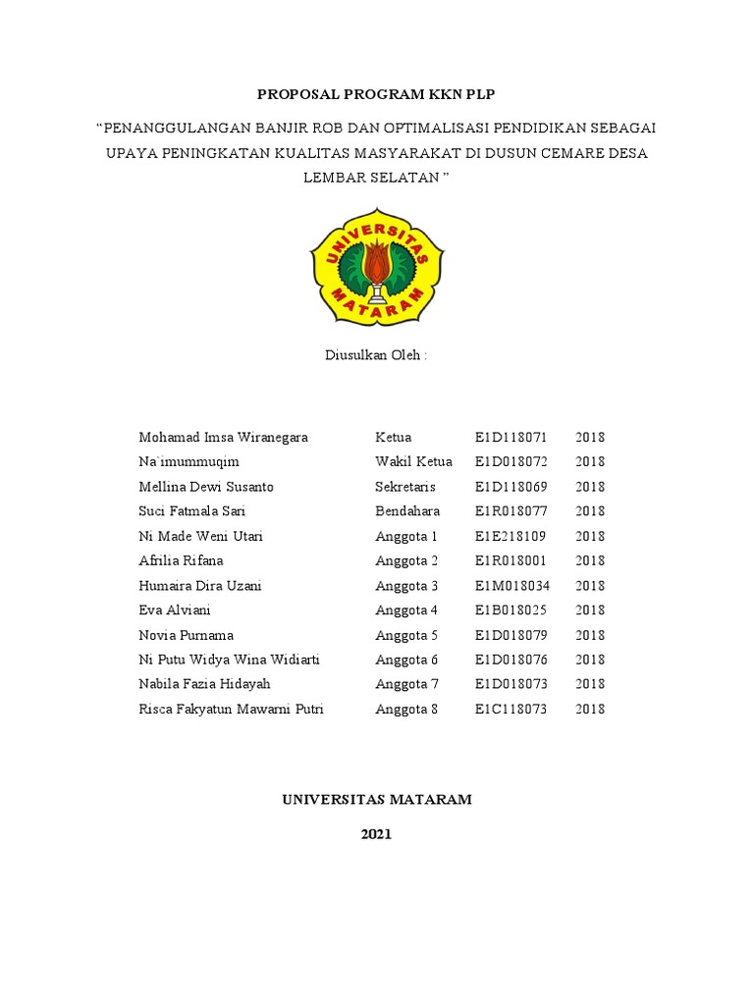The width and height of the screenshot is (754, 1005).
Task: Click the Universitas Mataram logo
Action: coord(377,266)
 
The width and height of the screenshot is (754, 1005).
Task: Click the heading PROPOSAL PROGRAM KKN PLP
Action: coord(376,94)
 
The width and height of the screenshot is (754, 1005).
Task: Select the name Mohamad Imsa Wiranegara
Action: coord(223,437)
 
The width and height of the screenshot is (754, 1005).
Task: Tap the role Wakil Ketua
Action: coord(413,461)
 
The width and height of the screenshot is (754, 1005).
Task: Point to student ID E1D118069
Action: coord(511,487)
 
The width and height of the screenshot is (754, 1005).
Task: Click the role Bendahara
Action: coord(407,511)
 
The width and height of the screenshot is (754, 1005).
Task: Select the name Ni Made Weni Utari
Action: coord(200,536)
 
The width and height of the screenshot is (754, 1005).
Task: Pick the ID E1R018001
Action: coord(511,560)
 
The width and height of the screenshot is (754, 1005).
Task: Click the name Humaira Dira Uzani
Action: coord(200,586)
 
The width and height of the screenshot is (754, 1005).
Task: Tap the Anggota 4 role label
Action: coord(406,610)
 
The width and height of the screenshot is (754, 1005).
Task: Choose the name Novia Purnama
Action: coord(187,635)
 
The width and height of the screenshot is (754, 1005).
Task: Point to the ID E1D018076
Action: coord(511,660)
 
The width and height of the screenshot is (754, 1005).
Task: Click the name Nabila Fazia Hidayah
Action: coord(204,684)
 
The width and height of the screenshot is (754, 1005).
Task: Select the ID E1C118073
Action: coord(511,709)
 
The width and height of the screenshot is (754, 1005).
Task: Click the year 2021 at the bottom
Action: coord(376,834)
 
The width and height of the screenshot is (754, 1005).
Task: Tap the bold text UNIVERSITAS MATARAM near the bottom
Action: coord(377,800)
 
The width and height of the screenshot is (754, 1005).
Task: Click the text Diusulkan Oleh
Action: coord(376,355)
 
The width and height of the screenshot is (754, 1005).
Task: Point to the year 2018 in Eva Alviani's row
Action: coord(590,610)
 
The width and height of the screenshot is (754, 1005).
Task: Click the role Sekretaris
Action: coord(405,487)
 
